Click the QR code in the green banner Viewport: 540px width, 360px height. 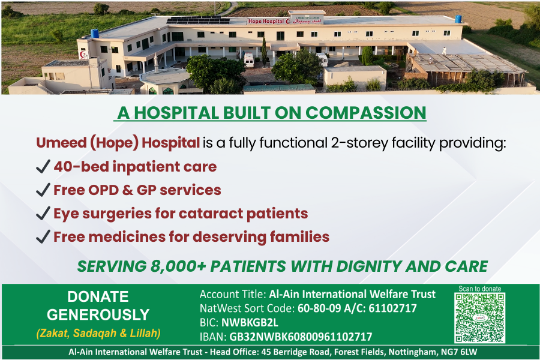[x=480, y=317]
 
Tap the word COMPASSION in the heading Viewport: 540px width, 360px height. [x=366, y=113]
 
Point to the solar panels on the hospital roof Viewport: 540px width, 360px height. [x=198, y=20]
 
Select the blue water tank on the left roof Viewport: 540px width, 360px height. [x=94, y=33]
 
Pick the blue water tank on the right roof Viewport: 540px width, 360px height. [x=458, y=19]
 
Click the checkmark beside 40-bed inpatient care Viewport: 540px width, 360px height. [x=43, y=166]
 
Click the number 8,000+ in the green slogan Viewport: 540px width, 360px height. [x=178, y=266]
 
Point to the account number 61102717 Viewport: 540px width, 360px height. [x=392, y=308]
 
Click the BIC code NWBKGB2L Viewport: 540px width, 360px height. [x=250, y=322]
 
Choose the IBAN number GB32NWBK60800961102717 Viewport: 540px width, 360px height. [x=301, y=337]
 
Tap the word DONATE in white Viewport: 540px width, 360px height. [x=98, y=296]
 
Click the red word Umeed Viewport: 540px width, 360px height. [x=61, y=143]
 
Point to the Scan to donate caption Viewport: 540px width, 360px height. [x=480, y=289]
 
